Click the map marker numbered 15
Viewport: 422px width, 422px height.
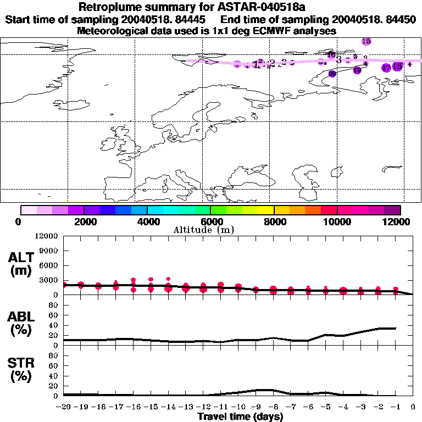(367, 41)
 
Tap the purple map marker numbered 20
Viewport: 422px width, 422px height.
(332, 74)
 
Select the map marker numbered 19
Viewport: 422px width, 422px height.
(357, 70)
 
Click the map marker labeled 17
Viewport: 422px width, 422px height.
(386, 68)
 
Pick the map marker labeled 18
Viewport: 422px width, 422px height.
(397, 66)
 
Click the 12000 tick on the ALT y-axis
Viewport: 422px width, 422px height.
(47, 236)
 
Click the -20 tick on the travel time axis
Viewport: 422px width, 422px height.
(64, 407)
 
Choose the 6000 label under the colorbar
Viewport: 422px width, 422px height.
(210, 221)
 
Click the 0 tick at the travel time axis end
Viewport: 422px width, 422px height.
(413, 407)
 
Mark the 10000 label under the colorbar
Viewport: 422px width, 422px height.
(337, 221)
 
